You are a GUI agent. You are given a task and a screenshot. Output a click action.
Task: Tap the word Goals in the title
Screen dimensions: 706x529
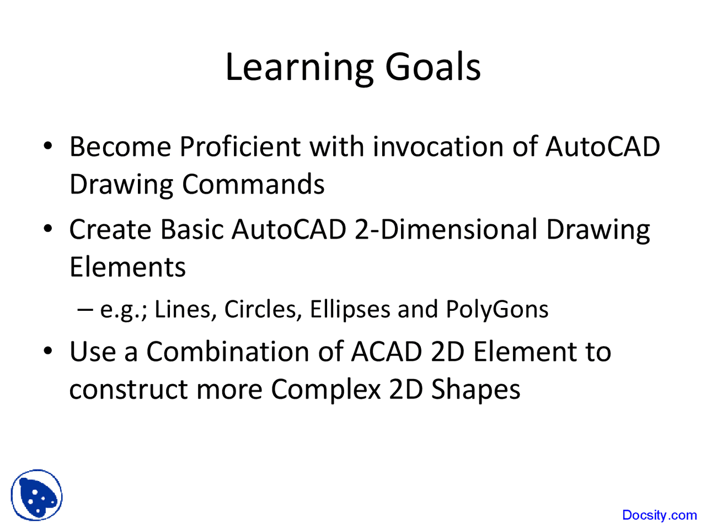tap(432, 67)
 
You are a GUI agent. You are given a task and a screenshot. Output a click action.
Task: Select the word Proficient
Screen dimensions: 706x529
tap(240, 147)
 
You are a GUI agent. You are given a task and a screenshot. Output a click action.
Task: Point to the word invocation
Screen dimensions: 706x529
tap(438, 147)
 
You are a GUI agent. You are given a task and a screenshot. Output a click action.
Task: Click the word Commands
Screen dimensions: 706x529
tap(253, 184)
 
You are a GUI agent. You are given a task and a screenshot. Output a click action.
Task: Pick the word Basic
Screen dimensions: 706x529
tap(192, 229)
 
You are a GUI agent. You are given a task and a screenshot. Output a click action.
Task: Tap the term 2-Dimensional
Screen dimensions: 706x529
tap(446, 229)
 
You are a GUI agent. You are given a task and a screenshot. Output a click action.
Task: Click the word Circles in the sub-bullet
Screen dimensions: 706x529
tap(263, 309)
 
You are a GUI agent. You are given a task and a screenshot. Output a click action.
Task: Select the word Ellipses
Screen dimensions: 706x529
tap(350, 310)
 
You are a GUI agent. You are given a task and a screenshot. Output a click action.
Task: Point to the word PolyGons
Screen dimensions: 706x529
tap(497, 310)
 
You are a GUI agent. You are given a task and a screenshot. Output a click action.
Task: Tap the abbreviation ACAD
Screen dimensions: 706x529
tap(386, 352)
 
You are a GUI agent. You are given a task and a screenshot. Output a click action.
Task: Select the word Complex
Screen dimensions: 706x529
tap(326, 391)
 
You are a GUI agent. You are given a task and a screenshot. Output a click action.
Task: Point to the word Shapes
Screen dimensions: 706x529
tap(475, 391)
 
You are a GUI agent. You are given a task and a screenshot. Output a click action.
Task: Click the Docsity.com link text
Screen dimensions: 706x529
tap(660, 515)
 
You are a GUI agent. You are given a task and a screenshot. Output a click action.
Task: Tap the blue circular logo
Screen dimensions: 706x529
tap(36, 495)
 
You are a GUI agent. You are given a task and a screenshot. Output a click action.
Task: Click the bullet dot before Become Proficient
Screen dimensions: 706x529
tap(47, 146)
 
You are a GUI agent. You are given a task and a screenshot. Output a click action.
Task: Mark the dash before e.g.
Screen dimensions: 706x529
tap(85, 310)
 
